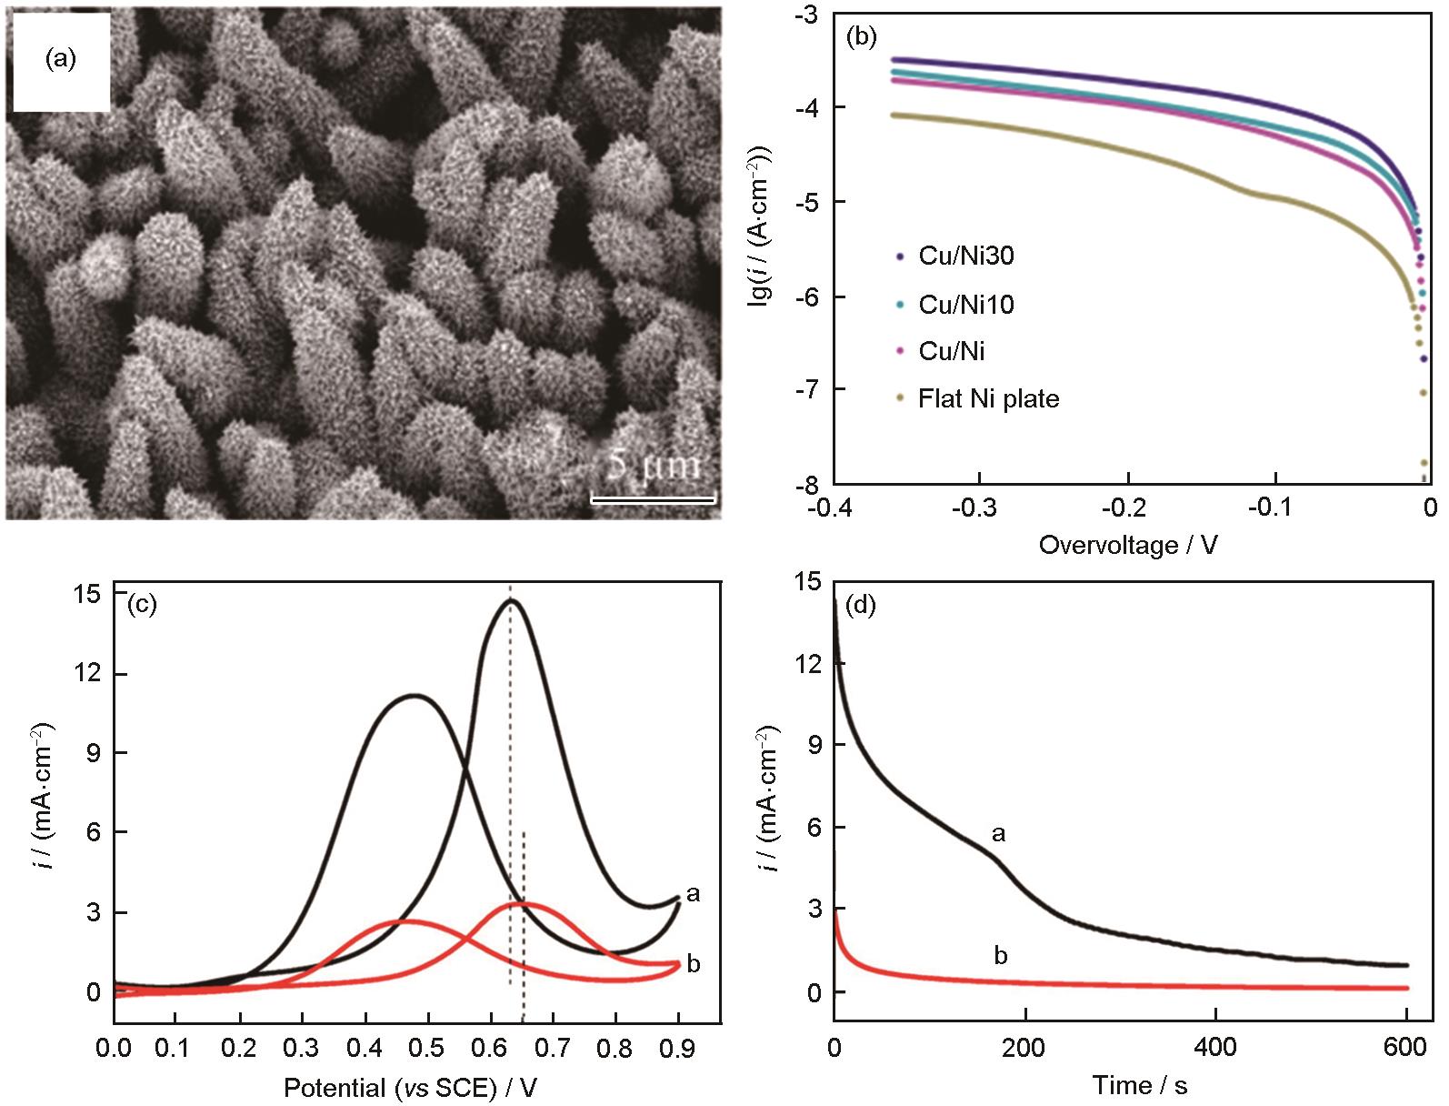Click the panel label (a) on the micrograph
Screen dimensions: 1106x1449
pos(61,60)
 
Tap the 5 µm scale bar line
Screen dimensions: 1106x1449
pos(653,498)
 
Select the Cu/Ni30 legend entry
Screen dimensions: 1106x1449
pos(965,256)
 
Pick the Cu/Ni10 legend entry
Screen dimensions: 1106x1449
pos(965,304)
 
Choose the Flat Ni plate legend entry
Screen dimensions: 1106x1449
pos(988,398)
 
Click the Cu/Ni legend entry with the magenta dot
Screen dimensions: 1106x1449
pos(951,351)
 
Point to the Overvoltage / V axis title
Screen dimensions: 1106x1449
pos(1128,546)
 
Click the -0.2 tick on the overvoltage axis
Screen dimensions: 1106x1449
pos(1127,506)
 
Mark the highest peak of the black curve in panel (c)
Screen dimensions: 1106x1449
pos(511,600)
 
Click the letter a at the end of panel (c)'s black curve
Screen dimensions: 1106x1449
pos(694,894)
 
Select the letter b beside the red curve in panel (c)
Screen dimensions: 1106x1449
pos(694,964)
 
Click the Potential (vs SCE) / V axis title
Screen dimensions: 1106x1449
pos(405,1088)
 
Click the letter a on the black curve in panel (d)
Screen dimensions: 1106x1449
pos(998,833)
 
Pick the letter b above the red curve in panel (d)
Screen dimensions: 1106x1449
pos(1000,956)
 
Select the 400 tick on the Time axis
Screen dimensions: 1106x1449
pos(1216,1048)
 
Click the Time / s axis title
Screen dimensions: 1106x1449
pos(1139,1085)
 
